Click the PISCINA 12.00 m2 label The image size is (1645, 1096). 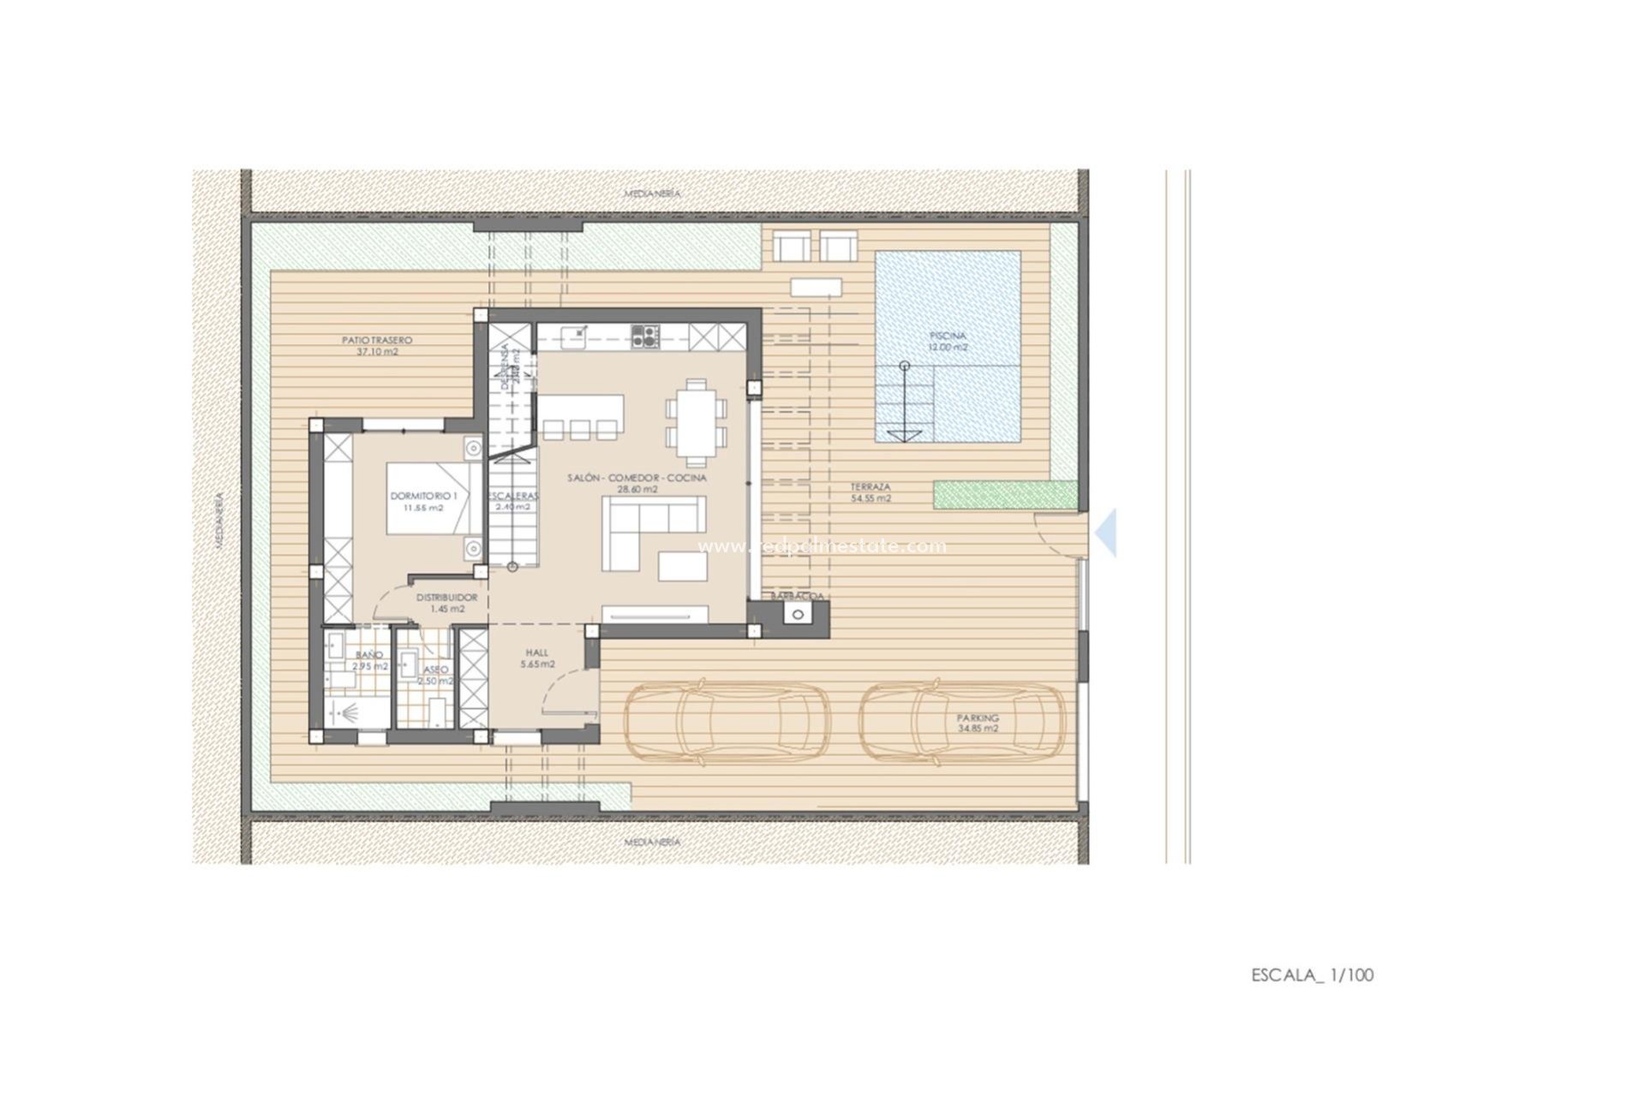point(948,342)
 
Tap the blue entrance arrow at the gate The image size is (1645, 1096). point(1107,533)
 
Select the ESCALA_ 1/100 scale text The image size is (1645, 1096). point(1312,974)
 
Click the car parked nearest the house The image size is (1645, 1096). point(727,721)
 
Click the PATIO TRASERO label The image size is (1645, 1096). point(377,345)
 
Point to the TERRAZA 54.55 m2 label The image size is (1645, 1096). point(870,491)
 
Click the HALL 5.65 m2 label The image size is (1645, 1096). point(537,658)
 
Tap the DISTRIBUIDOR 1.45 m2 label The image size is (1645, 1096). point(446,603)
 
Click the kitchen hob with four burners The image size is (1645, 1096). point(645,335)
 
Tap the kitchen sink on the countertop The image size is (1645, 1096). point(575,335)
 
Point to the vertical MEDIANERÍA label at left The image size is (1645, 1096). point(219,519)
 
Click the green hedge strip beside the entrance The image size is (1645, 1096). point(1005,494)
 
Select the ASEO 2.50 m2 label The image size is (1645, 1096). point(434,675)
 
